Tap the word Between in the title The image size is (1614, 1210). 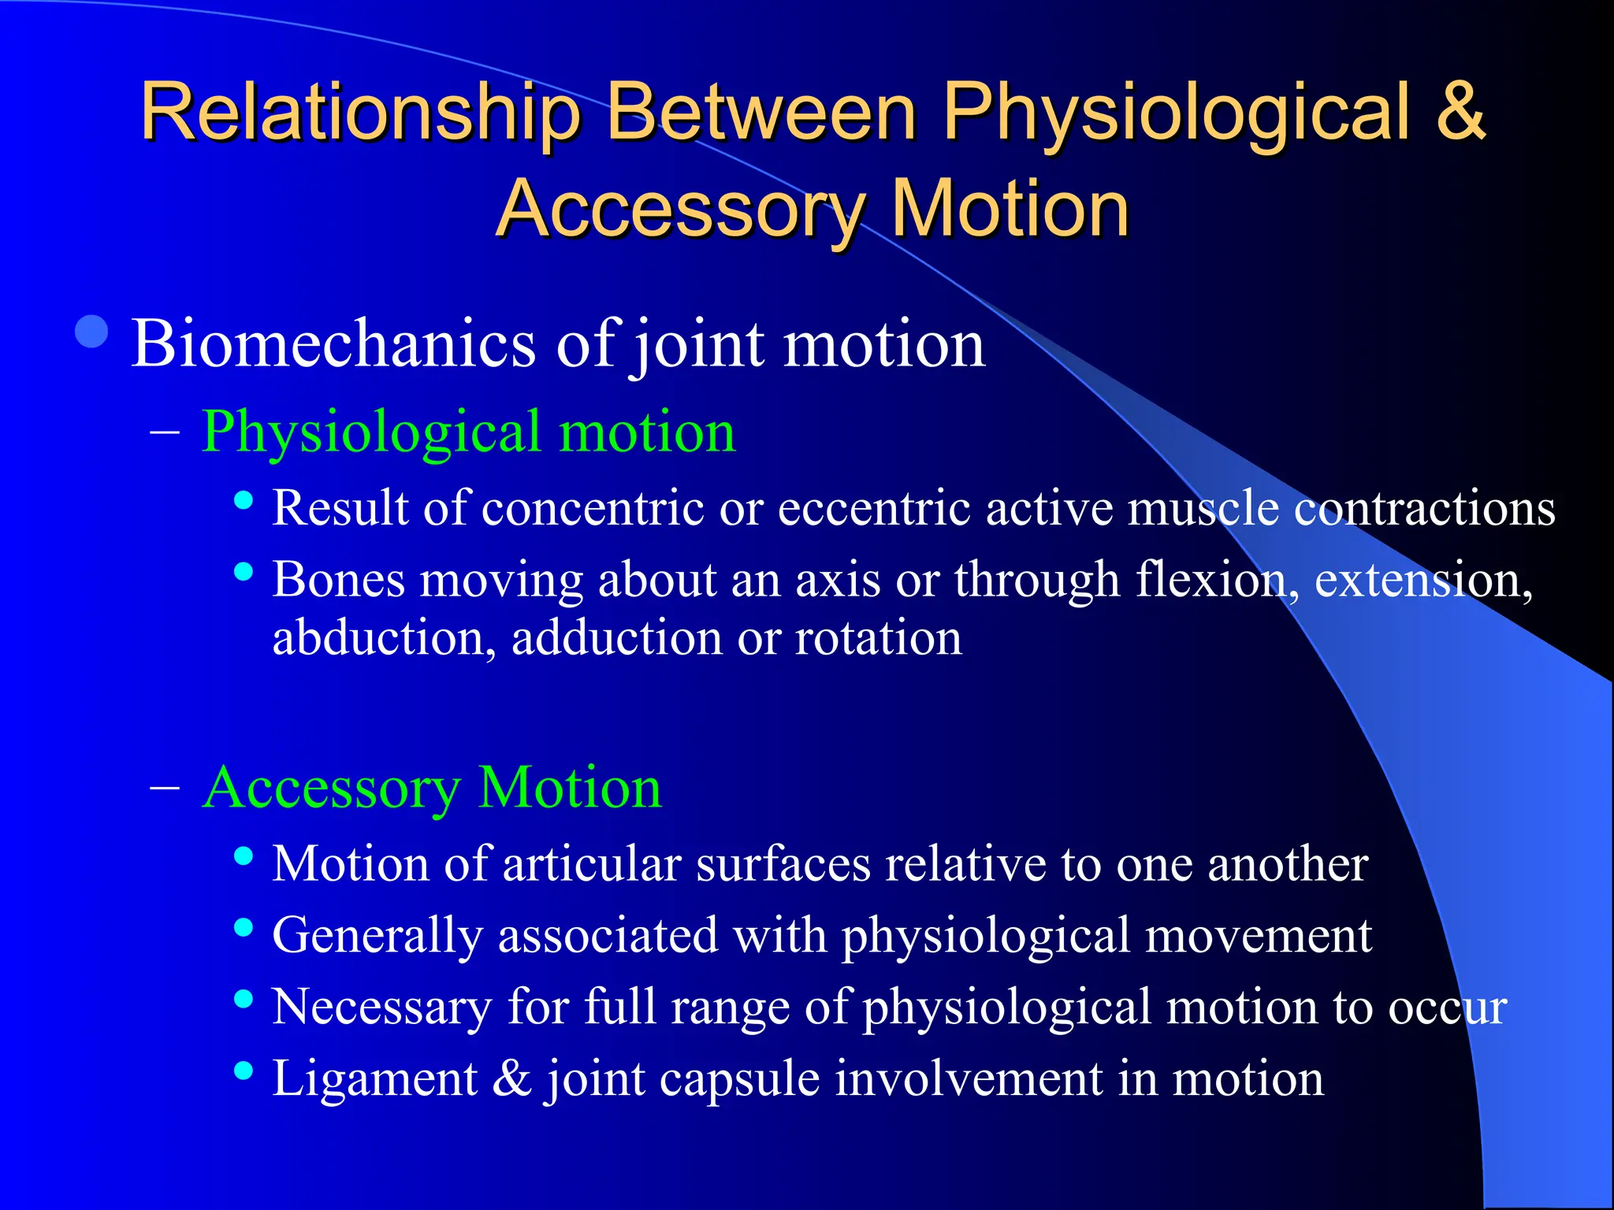pos(762,112)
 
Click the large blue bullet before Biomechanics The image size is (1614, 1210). pos(92,332)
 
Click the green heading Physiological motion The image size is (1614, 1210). pos(468,432)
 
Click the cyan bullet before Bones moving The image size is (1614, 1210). pos(244,571)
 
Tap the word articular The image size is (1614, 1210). pos(591,864)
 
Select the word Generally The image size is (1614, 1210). pos(377,937)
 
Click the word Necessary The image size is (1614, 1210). pos(381,1008)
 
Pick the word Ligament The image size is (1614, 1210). pos(374,1078)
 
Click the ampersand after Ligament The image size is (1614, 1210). pos(512,1078)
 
